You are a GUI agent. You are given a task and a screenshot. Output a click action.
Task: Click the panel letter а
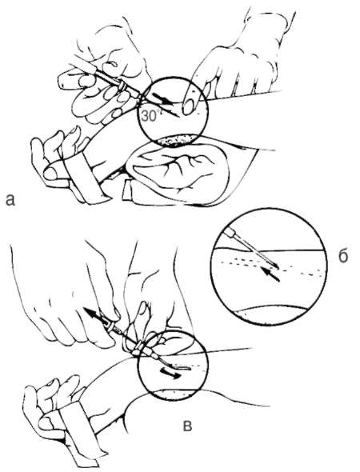(x=10, y=200)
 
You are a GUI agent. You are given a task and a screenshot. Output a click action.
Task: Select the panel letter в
(x=187, y=426)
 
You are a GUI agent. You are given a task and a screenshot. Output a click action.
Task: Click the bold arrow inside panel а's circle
(x=163, y=98)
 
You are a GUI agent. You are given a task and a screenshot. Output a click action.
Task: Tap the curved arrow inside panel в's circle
(x=170, y=373)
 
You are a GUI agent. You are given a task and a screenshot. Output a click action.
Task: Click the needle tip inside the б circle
(x=278, y=266)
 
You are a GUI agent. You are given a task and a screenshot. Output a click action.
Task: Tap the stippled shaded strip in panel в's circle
(x=173, y=393)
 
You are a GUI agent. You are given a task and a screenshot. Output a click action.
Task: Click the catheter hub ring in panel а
(x=122, y=86)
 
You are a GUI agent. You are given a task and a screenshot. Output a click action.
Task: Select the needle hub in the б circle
(x=233, y=233)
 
